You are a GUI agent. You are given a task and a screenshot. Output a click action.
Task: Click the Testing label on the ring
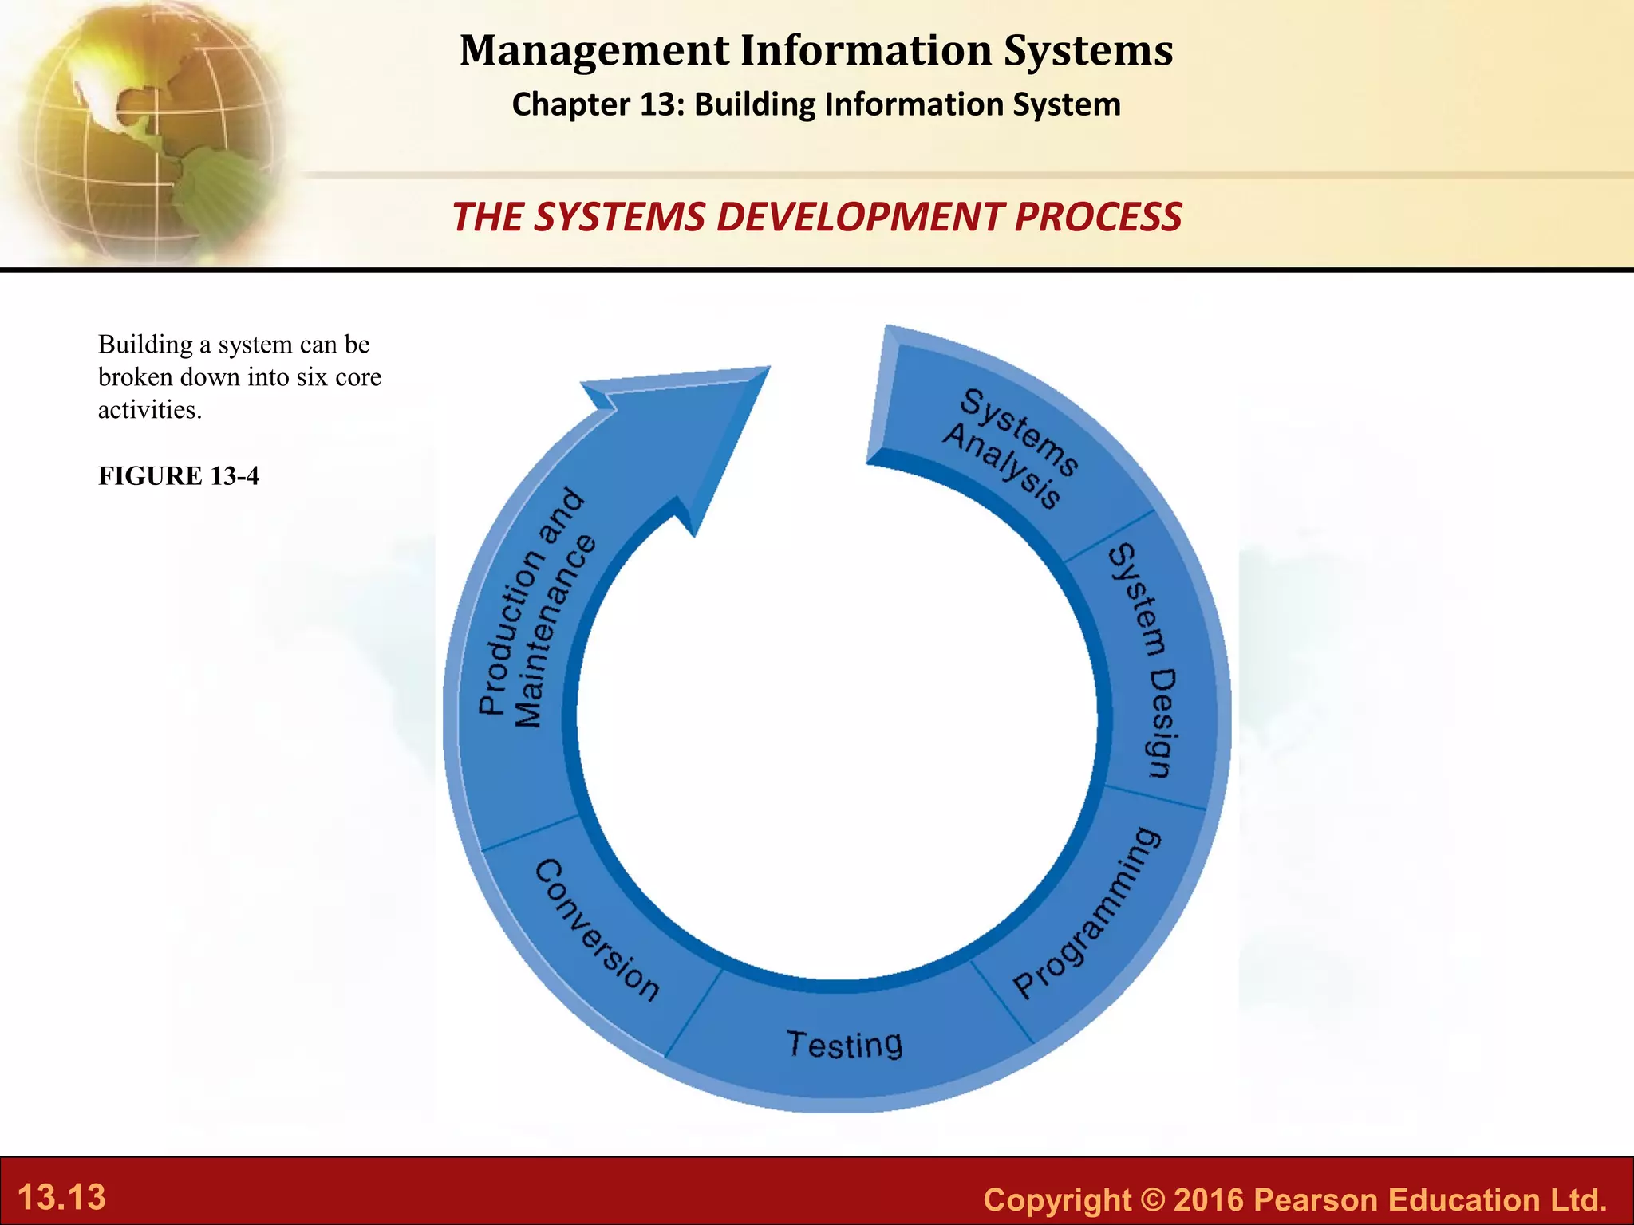pos(845,1044)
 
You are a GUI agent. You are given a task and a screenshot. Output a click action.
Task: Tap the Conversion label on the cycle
pos(597,929)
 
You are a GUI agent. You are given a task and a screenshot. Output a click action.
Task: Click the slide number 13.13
pos(61,1197)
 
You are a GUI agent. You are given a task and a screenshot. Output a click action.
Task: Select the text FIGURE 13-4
pos(179,476)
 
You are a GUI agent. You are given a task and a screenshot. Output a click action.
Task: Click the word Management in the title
pos(594,50)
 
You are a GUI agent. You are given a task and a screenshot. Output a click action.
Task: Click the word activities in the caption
pos(150,410)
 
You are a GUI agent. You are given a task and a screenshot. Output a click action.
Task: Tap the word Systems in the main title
pos(1088,50)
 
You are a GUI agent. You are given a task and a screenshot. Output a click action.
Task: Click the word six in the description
pos(312,377)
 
